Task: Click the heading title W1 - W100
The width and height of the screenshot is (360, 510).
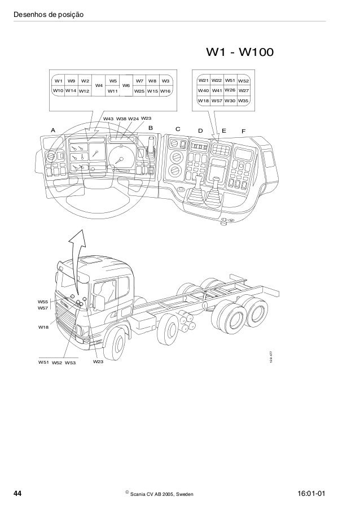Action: (240, 53)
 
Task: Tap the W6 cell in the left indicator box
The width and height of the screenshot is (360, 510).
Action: (126, 85)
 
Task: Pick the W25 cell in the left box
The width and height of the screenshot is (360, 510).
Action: (139, 90)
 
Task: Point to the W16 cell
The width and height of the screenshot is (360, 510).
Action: (166, 90)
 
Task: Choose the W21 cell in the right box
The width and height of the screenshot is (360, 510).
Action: (203, 81)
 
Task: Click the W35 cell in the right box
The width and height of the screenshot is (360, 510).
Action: (244, 100)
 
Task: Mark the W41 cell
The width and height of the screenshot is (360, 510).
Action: (217, 90)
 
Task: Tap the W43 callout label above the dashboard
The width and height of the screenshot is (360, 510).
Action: (109, 119)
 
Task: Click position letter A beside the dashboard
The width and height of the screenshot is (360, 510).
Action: (53, 130)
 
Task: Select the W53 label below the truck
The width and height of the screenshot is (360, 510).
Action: (71, 363)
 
